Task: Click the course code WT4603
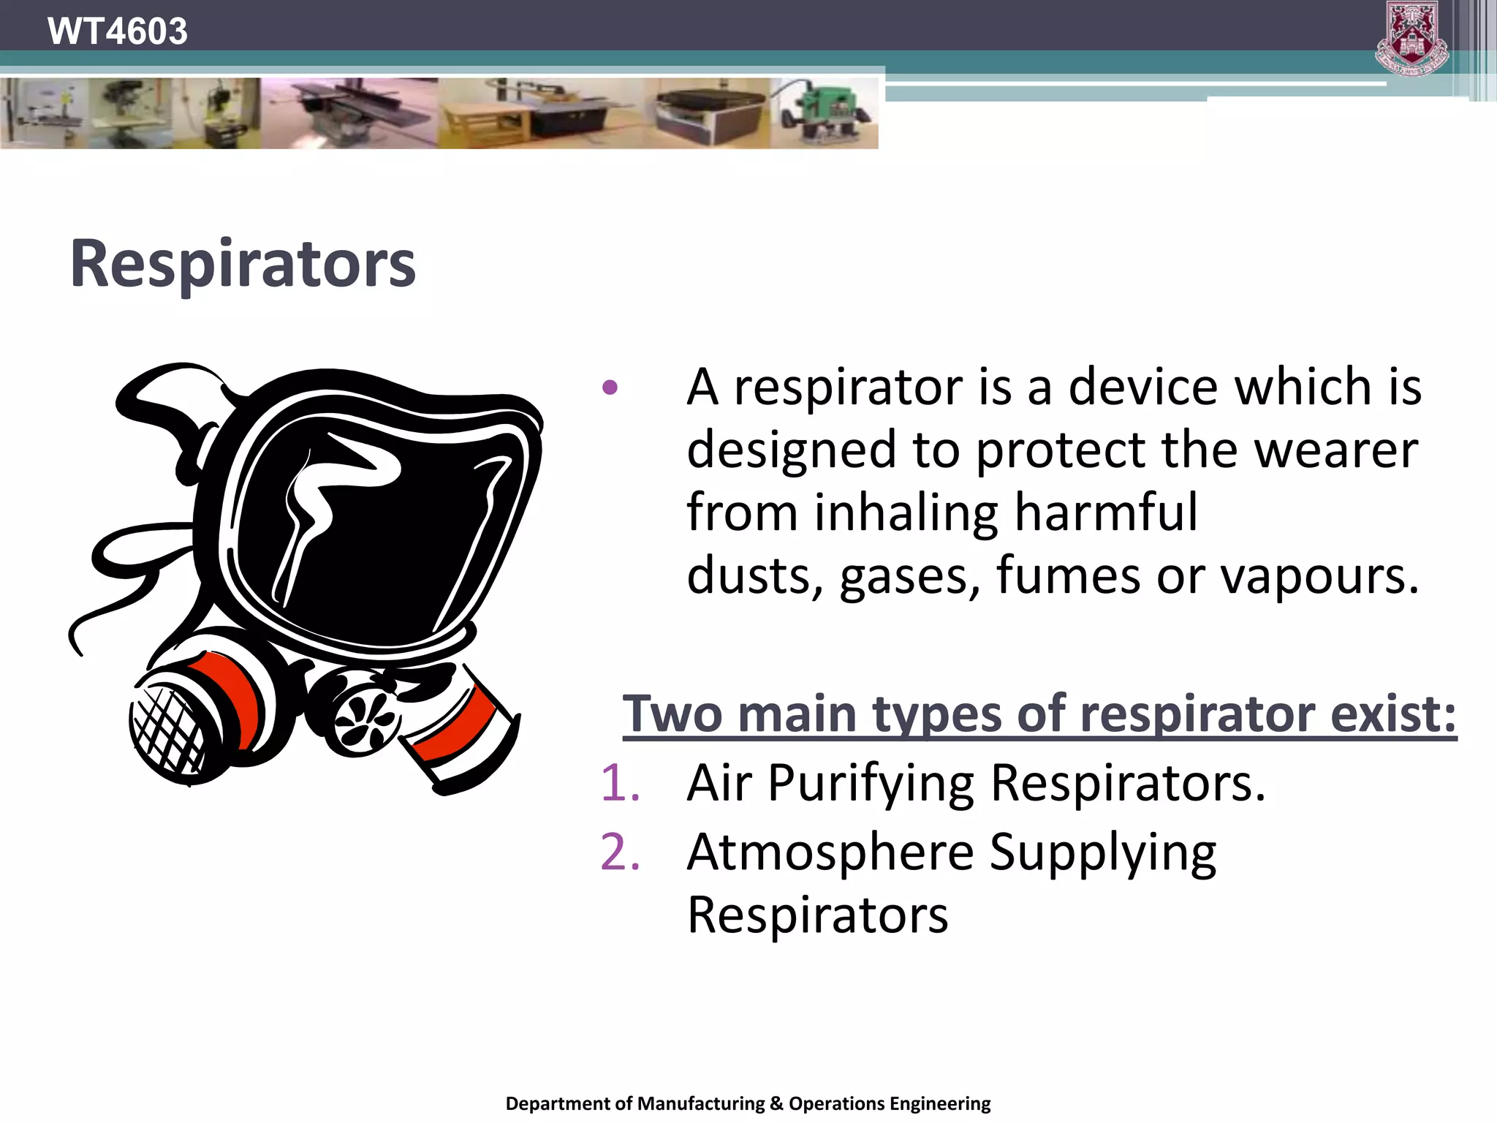[117, 31]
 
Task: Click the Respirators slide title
[243, 264]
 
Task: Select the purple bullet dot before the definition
[610, 387]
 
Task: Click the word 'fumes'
[1068, 575]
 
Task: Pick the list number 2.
[620, 852]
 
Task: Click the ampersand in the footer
[776, 1103]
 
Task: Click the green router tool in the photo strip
[825, 113]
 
